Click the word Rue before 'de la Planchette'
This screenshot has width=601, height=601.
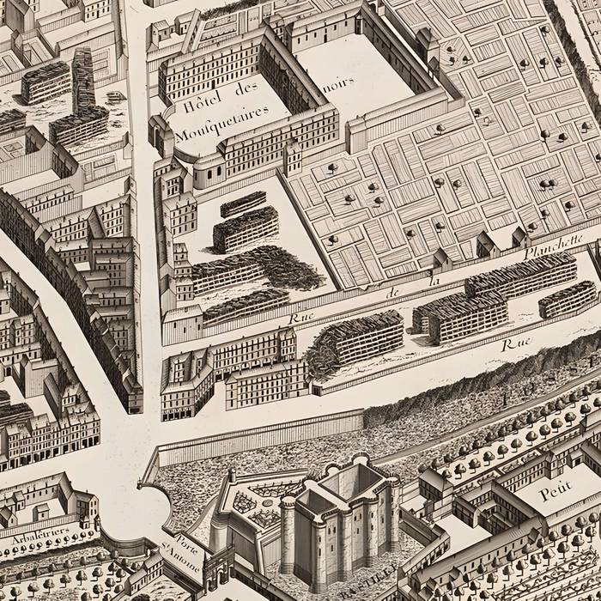pos(301,319)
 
